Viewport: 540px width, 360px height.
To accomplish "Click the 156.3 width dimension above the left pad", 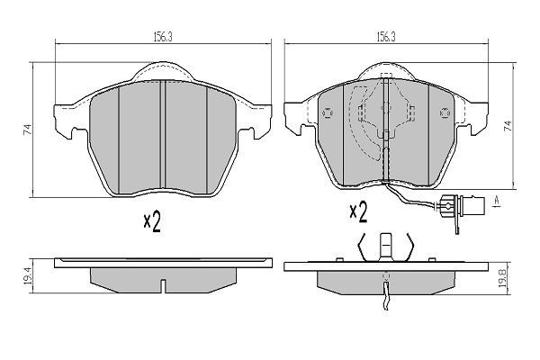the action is pyautogui.click(x=163, y=38).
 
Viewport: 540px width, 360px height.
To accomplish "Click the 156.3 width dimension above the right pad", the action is pyautogui.click(x=386, y=37).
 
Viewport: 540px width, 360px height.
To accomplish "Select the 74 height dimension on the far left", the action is pyautogui.click(x=27, y=130).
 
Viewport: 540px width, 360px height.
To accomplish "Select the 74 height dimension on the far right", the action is pyautogui.click(x=508, y=126).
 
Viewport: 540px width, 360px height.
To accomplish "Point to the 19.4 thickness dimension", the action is pyautogui.click(x=28, y=275).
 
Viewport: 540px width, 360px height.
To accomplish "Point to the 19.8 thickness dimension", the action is pyautogui.click(x=502, y=278).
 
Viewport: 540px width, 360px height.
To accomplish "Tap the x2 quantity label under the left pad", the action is pyautogui.click(x=152, y=221).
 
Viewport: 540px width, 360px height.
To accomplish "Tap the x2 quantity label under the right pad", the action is pyautogui.click(x=358, y=211).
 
